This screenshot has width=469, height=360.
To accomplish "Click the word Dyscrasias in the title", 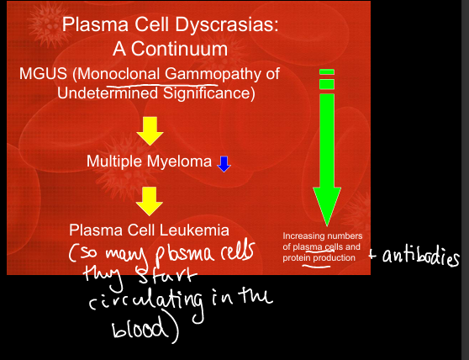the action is pos(227,25).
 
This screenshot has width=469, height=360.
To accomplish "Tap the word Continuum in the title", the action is pos(179,49).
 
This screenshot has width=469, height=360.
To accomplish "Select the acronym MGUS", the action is pos(43,74).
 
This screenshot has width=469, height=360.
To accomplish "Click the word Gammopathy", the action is pos(213,75).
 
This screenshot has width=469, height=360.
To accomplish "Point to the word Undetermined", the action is pos(108,93).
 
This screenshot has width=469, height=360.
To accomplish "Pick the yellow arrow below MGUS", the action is pos(150,131).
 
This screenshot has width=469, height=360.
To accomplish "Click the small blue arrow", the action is pos(224,164).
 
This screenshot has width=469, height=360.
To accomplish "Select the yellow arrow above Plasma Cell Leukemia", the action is pos(150,201).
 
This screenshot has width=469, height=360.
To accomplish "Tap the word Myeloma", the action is pos(179,162).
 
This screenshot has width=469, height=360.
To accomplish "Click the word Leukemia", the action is pos(194,230).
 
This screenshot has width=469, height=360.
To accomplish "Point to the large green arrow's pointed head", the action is pos(327,226).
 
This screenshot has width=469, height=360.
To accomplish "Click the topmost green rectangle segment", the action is pos(327,71).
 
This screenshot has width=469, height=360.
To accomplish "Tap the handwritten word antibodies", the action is pos(420,257).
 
